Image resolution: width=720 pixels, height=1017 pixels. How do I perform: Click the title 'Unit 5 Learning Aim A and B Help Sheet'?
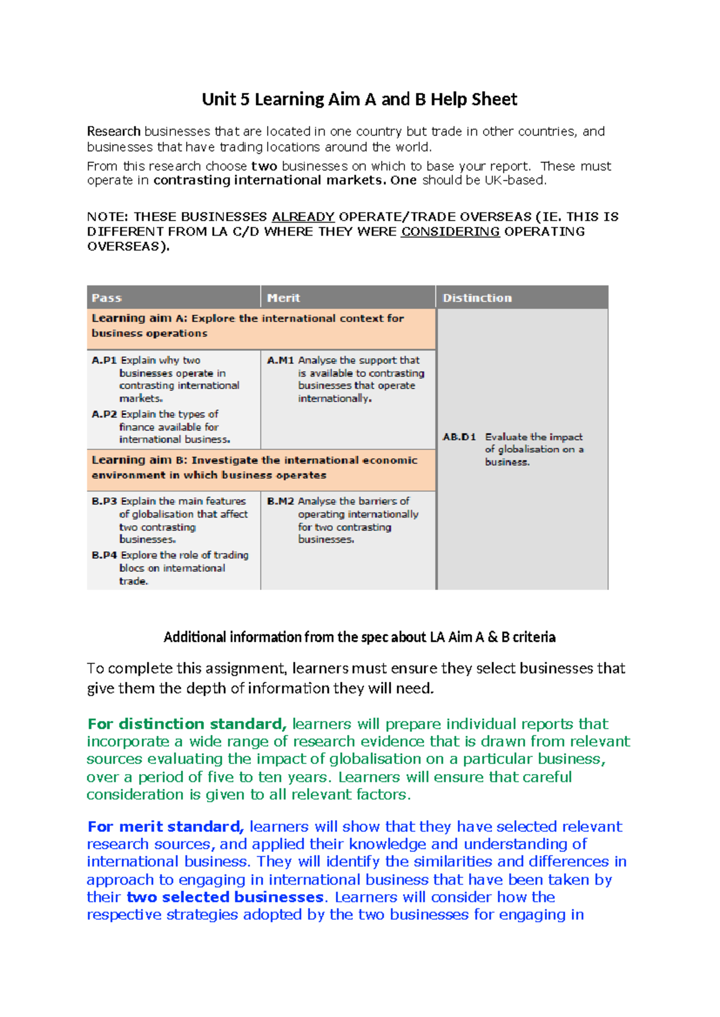(x=359, y=100)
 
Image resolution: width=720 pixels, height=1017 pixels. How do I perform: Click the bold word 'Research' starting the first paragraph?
(x=113, y=131)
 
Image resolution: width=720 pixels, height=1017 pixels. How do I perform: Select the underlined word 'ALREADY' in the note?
(x=303, y=216)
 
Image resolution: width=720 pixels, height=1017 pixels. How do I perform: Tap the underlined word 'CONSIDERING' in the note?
(x=450, y=231)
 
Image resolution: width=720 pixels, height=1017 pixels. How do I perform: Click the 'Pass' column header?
(x=107, y=298)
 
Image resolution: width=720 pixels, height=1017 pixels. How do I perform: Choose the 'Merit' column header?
(x=283, y=298)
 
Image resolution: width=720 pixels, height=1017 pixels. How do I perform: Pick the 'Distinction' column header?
(x=477, y=298)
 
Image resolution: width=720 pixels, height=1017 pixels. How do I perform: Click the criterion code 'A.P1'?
(x=104, y=360)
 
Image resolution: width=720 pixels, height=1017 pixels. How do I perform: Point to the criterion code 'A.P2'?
(x=104, y=414)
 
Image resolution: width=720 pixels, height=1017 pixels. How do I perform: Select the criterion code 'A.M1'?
(x=280, y=360)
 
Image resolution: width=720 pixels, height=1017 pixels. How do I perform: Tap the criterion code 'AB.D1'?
(x=459, y=437)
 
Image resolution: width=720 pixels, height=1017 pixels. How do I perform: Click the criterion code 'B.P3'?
(x=104, y=501)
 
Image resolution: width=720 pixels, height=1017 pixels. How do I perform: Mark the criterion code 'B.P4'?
(x=104, y=555)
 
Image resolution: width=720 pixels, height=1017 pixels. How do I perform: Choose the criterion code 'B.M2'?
(x=280, y=501)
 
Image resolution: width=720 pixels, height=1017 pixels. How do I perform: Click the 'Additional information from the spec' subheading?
(x=359, y=637)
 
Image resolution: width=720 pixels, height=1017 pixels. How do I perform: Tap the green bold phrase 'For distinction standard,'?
(x=187, y=724)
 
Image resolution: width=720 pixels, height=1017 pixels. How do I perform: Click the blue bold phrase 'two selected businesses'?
(x=225, y=897)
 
